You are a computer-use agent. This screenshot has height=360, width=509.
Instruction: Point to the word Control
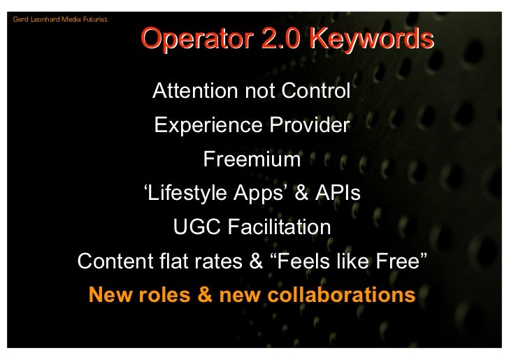[315, 91]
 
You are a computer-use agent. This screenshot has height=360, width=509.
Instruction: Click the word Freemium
[251, 159]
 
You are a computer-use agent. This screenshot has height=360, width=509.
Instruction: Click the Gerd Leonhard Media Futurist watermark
[60, 19]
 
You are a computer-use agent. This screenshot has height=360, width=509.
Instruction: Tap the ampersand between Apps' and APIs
[301, 194]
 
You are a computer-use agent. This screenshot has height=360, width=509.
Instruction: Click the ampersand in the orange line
[205, 295]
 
